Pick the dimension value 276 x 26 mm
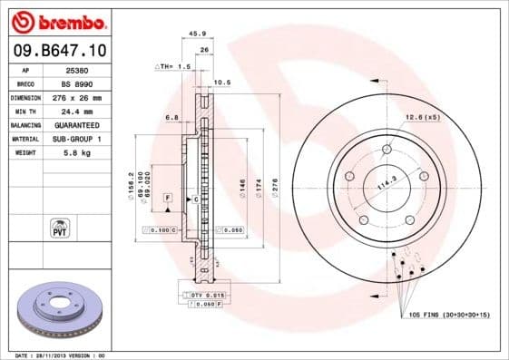(86, 97)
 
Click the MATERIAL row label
(24, 139)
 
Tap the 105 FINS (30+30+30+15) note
(449, 314)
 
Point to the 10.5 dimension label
(220, 83)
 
